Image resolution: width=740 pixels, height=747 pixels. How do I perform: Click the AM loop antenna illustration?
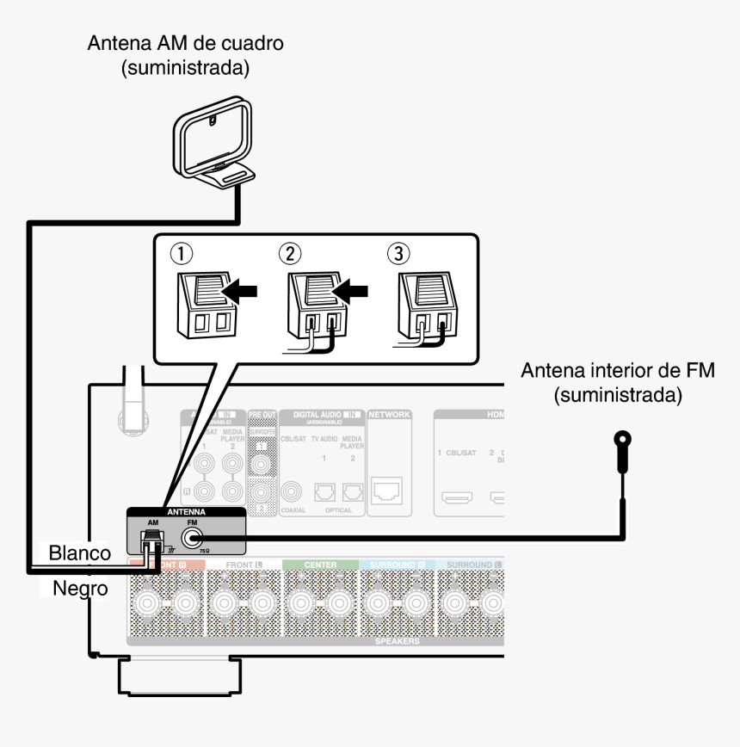point(213,144)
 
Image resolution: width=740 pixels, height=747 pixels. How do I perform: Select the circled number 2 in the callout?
point(290,254)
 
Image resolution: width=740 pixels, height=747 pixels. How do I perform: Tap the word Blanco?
point(79,553)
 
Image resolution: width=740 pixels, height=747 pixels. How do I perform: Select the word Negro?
point(79,590)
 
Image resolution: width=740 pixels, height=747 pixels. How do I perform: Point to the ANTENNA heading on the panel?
point(186,511)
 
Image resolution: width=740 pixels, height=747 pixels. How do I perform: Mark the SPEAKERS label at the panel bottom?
point(398,641)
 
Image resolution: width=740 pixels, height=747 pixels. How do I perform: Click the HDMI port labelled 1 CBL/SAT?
point(455,497)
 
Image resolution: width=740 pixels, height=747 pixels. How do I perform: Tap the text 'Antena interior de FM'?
point(619,371)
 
